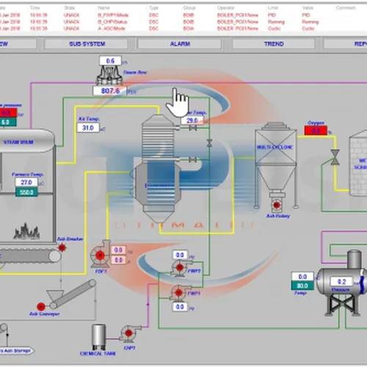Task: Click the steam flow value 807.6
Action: tap(112, 92)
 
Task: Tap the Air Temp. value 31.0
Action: tap(87, 128)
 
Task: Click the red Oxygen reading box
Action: tap(316, 131)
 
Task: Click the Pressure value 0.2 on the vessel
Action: tap(338, 281)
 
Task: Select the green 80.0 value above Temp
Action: tap(300, 286)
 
